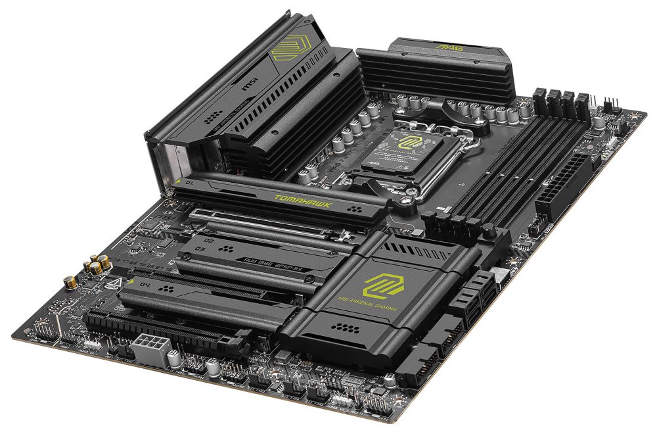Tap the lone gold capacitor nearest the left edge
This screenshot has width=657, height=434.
pyautogui.click(x=68, y=281)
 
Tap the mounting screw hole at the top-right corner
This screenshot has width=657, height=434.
pyautogui.click(x=633, y=116)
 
